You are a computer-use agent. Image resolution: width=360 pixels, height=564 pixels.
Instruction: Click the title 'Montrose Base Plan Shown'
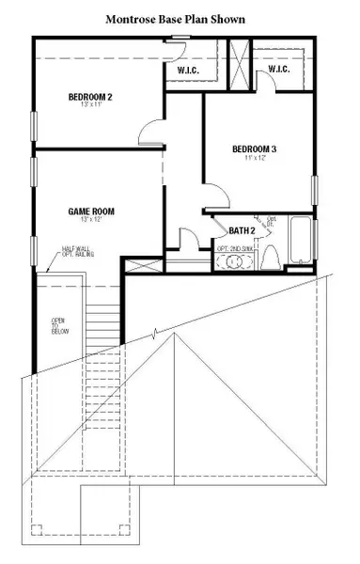180,18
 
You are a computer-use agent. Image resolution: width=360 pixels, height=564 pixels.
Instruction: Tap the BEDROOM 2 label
90,97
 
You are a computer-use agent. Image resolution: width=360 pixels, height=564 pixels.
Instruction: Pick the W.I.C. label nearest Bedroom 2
192,70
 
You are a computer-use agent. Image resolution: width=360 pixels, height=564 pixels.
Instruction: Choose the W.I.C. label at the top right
277,69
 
